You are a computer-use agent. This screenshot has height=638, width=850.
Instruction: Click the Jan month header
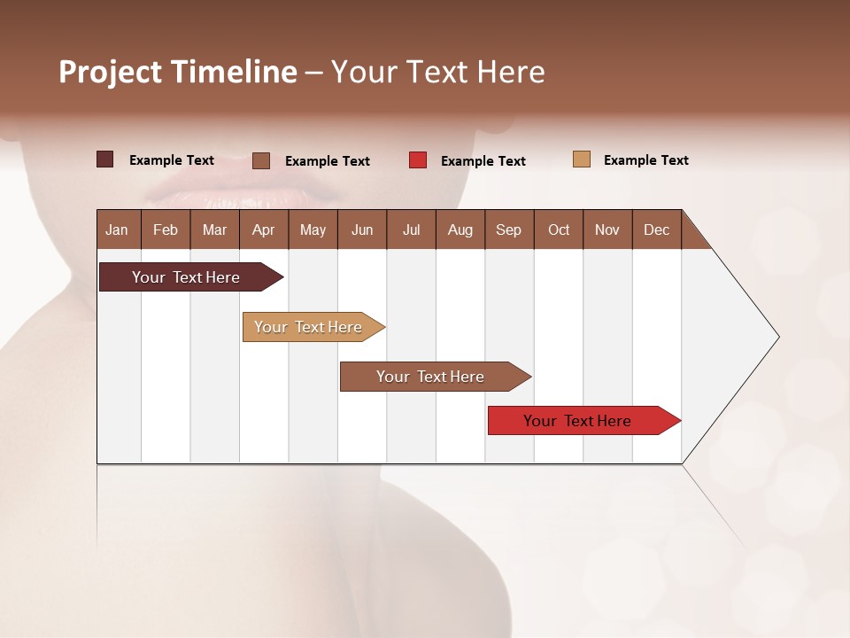[x=118, y=230]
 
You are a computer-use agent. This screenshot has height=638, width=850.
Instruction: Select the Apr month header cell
[x=264, y=230]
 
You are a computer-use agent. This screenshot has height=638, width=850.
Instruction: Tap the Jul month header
[x=411, y=230]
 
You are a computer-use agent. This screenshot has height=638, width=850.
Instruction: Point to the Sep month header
[x=509, y=230]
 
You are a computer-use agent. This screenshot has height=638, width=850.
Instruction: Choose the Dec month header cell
[x=656, y=230]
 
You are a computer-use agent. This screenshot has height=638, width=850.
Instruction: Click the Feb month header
[x=166, y=230]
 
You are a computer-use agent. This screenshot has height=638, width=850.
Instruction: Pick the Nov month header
[x=607, y=230]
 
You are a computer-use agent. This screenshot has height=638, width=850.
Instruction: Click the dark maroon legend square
[x=104, y=159]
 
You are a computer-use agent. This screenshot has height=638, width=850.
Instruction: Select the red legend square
[x=418, y=160]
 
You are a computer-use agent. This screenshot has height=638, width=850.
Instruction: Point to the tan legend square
[x=581, y=159]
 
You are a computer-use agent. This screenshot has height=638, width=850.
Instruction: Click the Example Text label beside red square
[x=483, y=161]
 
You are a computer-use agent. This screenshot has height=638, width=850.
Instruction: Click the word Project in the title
[x=110, y=73]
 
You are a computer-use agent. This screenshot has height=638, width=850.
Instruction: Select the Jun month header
[x=362, y=230]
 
